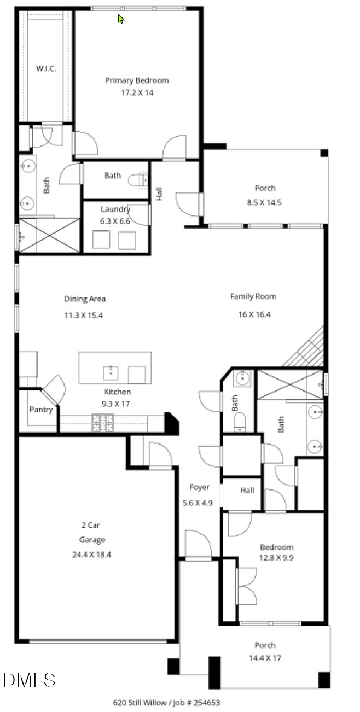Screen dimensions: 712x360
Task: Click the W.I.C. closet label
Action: (44, 68)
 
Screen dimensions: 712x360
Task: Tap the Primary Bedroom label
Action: (137, 80)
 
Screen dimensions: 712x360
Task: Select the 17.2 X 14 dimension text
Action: (137, 93)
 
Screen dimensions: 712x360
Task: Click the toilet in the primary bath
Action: (138, 179)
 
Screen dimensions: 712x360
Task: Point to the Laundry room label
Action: (115, 209)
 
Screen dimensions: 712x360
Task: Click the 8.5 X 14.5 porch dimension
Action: (265, 202)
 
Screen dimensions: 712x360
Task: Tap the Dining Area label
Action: (85, 299)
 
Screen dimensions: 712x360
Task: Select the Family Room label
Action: (253, 297)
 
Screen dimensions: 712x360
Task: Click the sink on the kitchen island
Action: (112, 373)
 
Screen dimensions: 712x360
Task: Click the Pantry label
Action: (40, 409)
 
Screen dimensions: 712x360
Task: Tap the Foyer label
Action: (199, 487)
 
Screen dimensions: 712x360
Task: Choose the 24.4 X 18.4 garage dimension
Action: (92, 554)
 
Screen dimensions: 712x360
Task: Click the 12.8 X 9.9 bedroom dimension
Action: (276, 558)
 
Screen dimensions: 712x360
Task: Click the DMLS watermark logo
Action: (29, 680)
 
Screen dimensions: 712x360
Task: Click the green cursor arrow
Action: (121, 19)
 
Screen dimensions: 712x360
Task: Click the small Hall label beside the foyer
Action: (247, 491)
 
